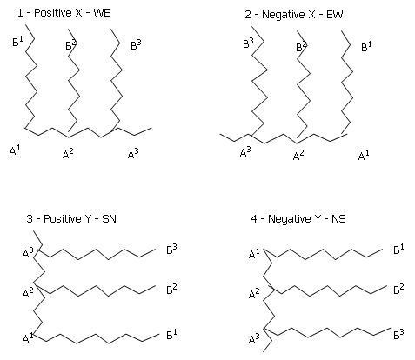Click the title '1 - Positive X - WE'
click(64, 13)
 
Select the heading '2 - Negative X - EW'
click(294, 15)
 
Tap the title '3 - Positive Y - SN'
click(71, 218)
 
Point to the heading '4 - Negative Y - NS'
click(298, 218)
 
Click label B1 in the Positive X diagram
click(17, 42)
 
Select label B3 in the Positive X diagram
click(136, 45)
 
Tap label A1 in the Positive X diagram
click(15, 150)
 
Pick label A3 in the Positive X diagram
click(133, 153)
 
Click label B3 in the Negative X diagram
click(248, 43)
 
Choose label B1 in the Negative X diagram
click(366, 46)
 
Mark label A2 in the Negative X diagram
click(298, 155)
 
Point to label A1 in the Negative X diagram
click(364, 156)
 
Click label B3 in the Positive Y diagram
click(171, 250)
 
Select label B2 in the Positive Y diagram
click(171, 290)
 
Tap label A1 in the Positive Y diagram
click(28, 338)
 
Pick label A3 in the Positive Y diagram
click(28, 253)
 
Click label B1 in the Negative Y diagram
click(398, 250)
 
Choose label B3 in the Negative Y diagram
click(398, 334)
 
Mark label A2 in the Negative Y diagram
click(254, 293)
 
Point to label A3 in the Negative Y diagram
click(254, 338)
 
